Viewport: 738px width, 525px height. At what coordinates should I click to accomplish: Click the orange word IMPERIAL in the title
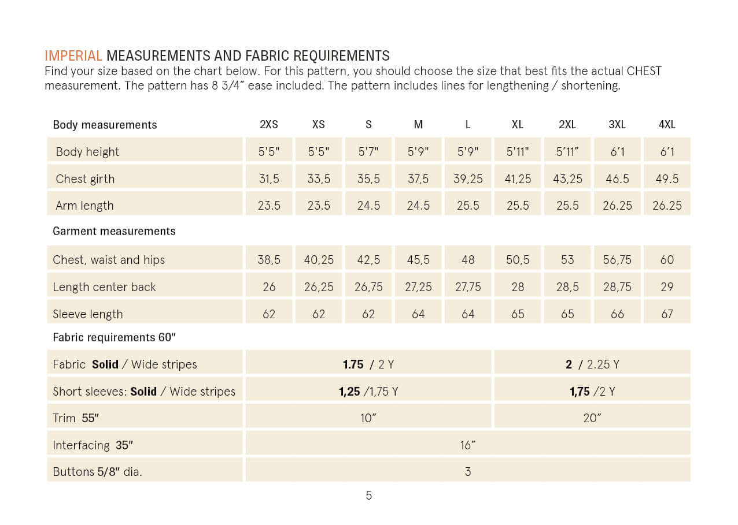[x=73, y=56]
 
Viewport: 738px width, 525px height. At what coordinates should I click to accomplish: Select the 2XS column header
[x=269, y=124]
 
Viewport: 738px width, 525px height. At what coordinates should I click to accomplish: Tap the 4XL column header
[x=667, y=124]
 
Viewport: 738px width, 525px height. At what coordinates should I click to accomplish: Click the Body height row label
[x=87, y=152]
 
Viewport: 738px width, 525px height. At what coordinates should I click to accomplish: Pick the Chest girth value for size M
[x=418, y=178]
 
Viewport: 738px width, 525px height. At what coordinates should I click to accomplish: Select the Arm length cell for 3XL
[x=617, y=205]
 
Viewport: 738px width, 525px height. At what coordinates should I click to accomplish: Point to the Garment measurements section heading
[x=114, y=231]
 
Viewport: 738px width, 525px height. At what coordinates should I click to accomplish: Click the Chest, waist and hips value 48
[x=468, y=259]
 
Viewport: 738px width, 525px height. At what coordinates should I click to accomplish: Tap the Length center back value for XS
[x=319, y=287]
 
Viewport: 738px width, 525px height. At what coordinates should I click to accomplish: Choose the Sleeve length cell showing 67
[x=667, y=314]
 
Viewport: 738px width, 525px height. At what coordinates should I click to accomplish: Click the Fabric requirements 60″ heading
[x=114, y=337]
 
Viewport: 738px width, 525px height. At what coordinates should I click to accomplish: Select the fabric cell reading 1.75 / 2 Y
[x=368, y=364]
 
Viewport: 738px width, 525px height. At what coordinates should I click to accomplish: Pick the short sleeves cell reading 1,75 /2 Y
[x=592, y=391]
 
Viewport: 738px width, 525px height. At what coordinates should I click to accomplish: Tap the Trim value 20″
[x=592, y=418]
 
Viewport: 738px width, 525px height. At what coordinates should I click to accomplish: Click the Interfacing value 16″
[x=467, y=445]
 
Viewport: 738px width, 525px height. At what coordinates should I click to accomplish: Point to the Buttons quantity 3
[x=468, y=472]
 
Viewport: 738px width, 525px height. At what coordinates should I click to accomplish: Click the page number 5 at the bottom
[x=368, y=496]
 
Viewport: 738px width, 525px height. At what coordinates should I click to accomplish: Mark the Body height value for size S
[x=368, y=152]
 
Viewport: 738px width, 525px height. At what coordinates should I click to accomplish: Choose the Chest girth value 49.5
[x=667, y=178]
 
